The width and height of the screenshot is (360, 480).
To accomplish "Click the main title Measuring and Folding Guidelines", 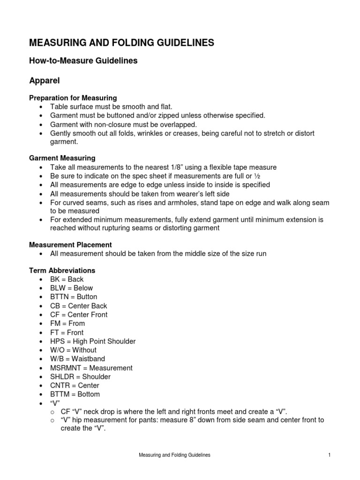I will coord(121,43).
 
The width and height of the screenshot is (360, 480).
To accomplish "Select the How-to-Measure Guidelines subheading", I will coord(83,61).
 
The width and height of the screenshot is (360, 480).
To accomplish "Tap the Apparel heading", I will coord(45,80).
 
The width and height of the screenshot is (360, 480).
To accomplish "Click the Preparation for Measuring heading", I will coord(73,98).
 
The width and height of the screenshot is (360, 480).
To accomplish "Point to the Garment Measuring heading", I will coord(62,158).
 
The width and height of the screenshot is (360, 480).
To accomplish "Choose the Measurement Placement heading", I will coord(70,245).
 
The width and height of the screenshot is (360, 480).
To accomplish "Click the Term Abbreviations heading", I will coord(62,270).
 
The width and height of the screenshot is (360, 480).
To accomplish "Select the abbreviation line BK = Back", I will coord(67,279).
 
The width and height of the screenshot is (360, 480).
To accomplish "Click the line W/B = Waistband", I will coord(77,359).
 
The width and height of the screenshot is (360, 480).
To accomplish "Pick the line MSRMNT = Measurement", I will coord(91,368).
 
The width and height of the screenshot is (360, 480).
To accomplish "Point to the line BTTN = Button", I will coord(74,297).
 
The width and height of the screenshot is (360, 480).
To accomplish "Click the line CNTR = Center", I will coord(75,385).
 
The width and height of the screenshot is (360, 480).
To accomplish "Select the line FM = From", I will coord(67,323).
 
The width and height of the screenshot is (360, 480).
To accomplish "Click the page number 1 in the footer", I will coord(330,455).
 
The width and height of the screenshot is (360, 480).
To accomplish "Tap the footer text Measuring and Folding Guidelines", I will coord(174,455).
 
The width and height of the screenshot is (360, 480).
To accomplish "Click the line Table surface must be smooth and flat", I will coord(112,107).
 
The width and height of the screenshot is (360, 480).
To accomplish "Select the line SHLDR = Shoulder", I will coord(81,376).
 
